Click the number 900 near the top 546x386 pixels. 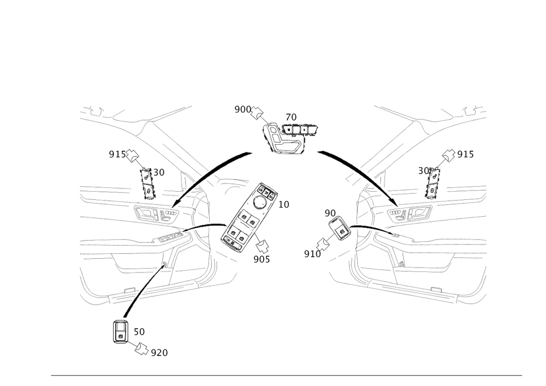pos(242,109)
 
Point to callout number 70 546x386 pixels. pos(292,117)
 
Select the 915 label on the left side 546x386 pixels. pos(116,155)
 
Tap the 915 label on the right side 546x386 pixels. pos(466,155)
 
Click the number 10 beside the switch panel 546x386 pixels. pos(284,205)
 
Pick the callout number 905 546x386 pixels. pos(262,259)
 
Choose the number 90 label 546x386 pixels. pos(330,212)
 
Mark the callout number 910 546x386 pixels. pos(312,253)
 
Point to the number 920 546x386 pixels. pos(159,353)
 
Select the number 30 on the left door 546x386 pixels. pos(158,172)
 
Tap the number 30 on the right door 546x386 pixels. pos(422,171)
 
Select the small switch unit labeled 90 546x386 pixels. pos(340,229)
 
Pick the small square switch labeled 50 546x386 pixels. pos(120,330)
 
